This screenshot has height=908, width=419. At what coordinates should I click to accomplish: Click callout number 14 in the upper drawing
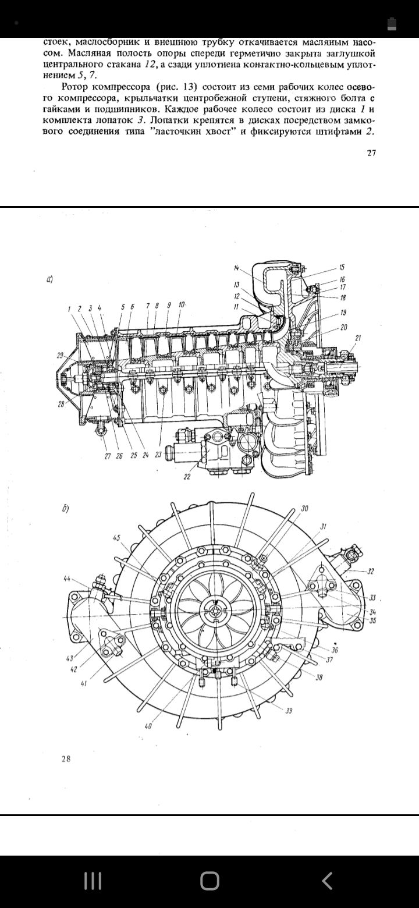click(237, 268)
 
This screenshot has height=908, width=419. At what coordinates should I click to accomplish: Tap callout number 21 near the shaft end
click(358, 338)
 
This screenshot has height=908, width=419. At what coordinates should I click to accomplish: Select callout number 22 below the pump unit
click(187, 477)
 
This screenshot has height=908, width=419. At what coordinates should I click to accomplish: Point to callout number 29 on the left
click(60, 356)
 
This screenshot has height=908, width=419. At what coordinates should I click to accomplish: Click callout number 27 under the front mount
click(108, 456)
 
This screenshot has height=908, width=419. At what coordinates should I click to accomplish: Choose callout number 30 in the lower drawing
click(304, 508)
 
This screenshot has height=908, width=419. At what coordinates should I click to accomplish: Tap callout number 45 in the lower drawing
click(117, 538)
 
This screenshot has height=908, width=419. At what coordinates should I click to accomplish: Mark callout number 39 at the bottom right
click(289, 711)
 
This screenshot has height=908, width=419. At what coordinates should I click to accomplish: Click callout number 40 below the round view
click(148, 726)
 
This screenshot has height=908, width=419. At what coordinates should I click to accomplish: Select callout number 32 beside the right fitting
click(370, 572)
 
